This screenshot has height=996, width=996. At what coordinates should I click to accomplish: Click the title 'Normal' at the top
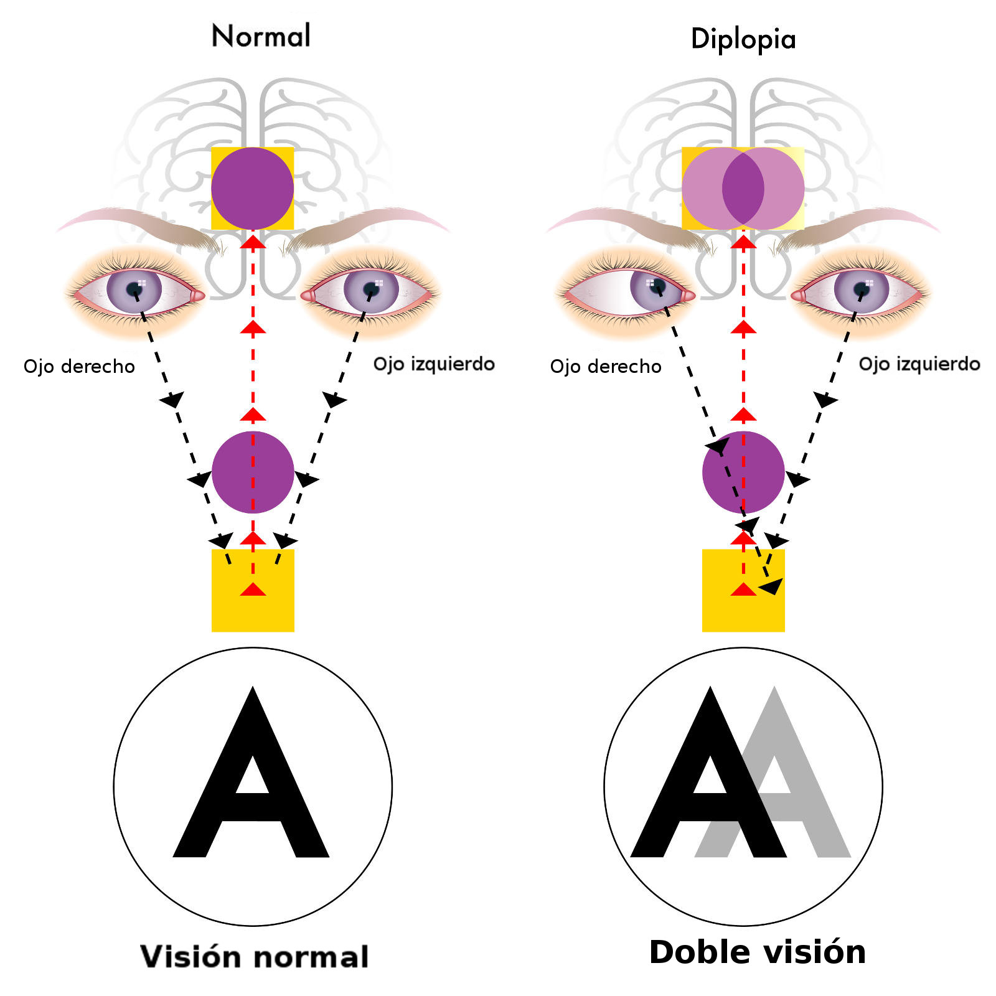click(x=261, y=36)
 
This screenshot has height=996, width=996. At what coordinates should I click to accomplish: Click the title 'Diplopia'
click(x=743, y=39)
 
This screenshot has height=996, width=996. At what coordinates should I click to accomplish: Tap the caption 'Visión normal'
click(x=255, y=957)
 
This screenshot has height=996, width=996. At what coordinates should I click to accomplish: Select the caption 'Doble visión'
click(x=757, y=952)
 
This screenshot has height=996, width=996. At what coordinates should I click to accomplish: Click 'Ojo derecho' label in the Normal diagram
click(x=79, y=366)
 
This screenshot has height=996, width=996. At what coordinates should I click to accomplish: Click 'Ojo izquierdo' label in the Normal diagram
click(x=434, y=364)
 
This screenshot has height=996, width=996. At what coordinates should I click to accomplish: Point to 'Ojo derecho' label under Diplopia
click(x=606, y=366)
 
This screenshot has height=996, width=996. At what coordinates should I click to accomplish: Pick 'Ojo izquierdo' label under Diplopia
click(x=919, y=364)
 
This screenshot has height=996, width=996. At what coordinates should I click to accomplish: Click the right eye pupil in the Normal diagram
click(x=134, y=289)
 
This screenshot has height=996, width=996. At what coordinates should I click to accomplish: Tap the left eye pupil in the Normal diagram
click(x=372, y=289)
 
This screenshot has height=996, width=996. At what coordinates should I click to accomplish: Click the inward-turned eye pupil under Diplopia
click(x=657, y=286)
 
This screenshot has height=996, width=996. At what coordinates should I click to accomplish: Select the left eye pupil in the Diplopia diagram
click(x=862, y=289)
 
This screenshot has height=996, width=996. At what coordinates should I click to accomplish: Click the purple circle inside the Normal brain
click(x=252, y=188)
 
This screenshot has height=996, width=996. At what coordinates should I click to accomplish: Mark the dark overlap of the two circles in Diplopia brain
click(x=743, y=188)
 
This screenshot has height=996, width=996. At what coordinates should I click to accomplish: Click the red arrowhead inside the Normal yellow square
click(x=253, y=589)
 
